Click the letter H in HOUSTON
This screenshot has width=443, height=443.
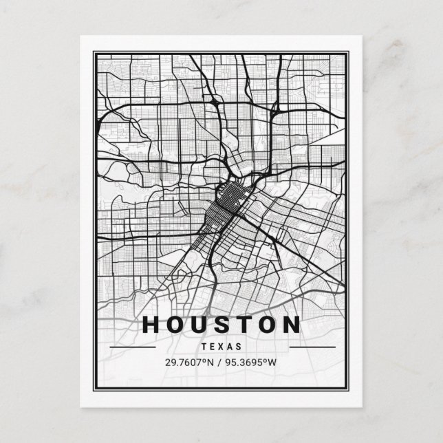point(152,325)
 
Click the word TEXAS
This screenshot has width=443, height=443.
point(221,347)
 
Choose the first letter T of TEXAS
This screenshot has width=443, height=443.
point(203,347)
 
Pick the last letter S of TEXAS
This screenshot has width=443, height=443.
point(240,347)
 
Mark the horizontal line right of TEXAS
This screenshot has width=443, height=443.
point(312,347)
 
